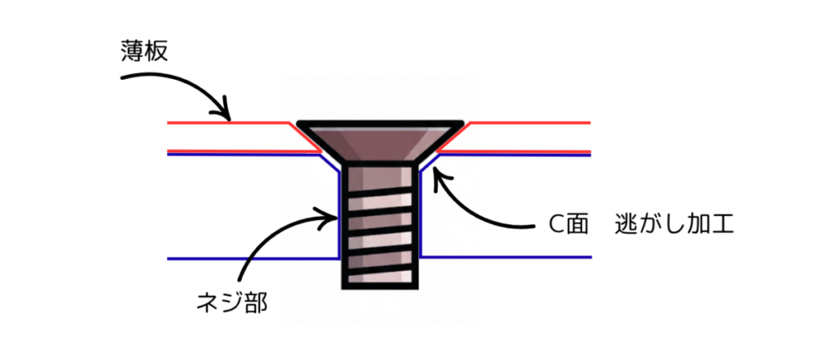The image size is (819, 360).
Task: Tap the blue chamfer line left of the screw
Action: [330, 162]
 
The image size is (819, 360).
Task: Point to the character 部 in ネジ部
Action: [254, 302]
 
